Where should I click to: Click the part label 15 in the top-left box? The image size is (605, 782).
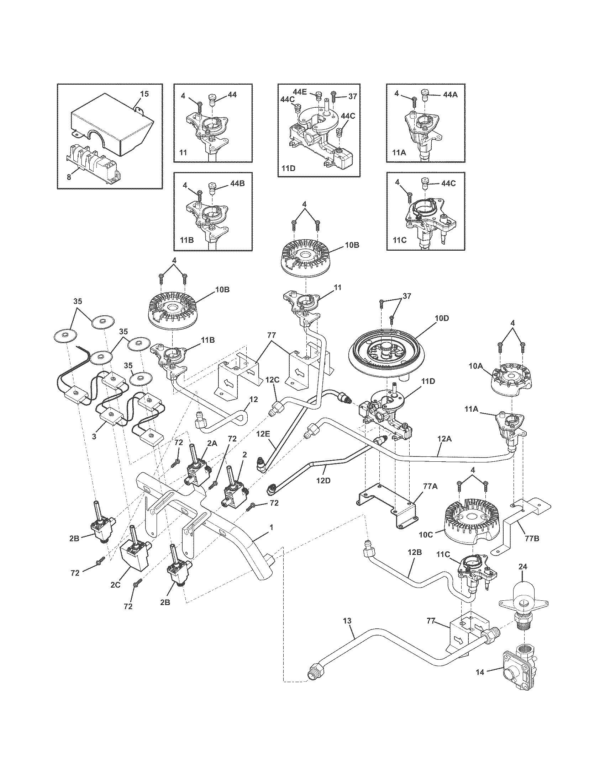tap(144, 94)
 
